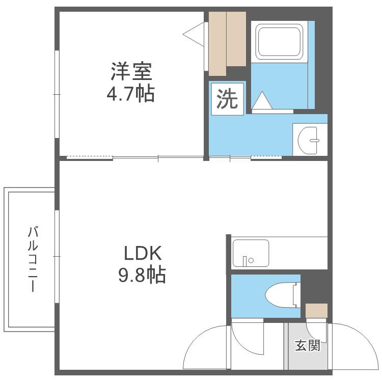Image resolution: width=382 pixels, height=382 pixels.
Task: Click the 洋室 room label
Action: point(131,71)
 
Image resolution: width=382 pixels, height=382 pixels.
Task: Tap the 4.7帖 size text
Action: point(130,94)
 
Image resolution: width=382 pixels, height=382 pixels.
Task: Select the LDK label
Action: point(143,253)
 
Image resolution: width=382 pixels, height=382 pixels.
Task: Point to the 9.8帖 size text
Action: point(142,275)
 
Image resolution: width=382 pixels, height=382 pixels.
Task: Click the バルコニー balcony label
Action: point(33,259)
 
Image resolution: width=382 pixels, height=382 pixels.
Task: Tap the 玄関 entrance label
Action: point(308,345)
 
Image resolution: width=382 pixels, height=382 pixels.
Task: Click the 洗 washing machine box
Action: point(227,99)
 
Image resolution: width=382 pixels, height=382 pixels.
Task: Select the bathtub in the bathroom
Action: point(279,42)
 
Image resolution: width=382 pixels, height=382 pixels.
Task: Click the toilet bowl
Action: point(280,295)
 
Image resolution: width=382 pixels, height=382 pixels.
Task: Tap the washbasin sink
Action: point(308,141)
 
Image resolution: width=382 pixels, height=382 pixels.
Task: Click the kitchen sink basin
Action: point(251,253)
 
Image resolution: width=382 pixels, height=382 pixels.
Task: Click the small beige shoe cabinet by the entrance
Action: point(316,311)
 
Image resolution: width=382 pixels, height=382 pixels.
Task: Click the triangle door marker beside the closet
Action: point(194,34)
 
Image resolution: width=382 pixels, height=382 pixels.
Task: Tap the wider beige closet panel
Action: point(236,39)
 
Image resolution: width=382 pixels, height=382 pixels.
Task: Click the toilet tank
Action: point(297,295)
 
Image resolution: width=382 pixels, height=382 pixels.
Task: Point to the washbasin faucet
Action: point(314,141)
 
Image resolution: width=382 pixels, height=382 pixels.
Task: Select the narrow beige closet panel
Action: point(217,44)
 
